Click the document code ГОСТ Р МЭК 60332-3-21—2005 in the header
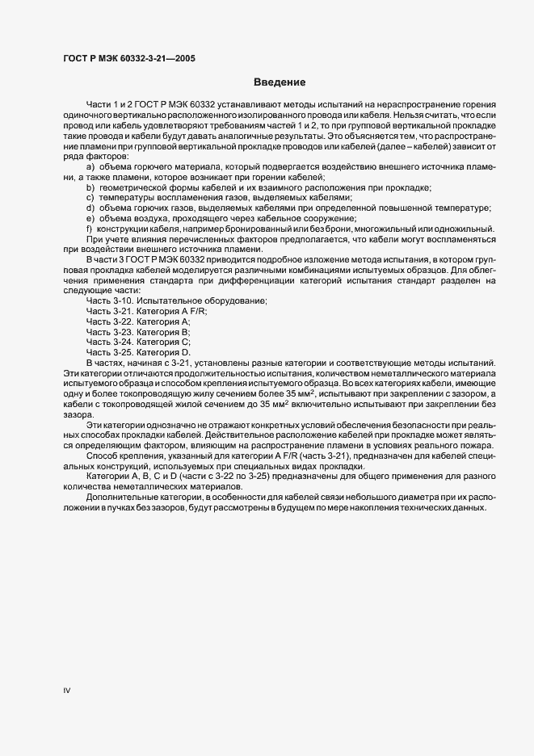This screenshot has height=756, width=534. coord(128,58)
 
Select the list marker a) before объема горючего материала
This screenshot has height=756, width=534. coord(90,166)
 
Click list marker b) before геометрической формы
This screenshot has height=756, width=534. coord(90,187)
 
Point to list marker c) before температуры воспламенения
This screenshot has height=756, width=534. coord(90,198)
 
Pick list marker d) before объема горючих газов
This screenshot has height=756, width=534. coord(90,208)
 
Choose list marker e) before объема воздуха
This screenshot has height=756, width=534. coord(90,219)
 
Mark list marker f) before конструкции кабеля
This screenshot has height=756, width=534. coord(89,229)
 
